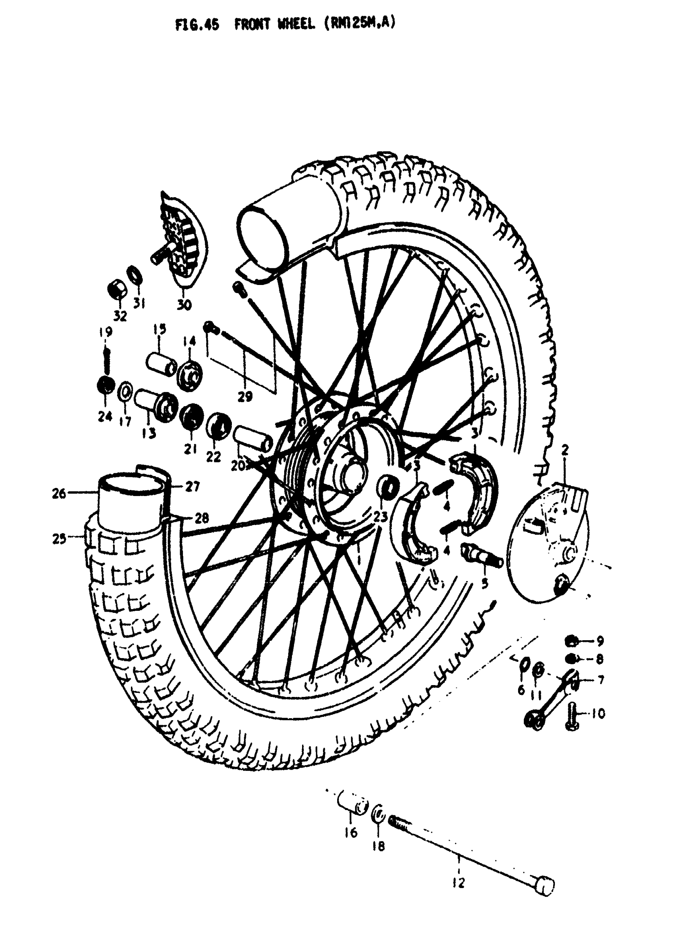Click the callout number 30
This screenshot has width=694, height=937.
pos(184,305)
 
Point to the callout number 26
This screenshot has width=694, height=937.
pos(59,493)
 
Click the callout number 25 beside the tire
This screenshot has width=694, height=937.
pos(59,538)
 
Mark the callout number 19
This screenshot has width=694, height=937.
pos(105,332)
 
